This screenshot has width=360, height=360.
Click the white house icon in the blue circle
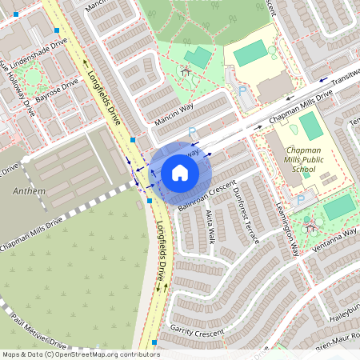coord(180,172)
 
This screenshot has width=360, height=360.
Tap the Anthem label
coord(30,192)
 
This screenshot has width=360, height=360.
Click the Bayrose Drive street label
coord(57,90)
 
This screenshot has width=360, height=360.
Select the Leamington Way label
coord(294,226)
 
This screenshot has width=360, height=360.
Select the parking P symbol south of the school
coord(301,199)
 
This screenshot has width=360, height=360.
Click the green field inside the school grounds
coord(310,126)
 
